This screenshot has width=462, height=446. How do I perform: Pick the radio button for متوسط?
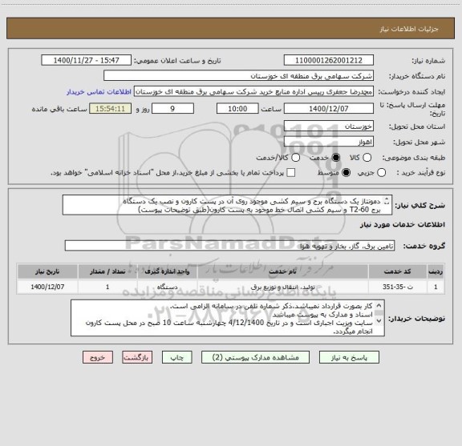(346, 173)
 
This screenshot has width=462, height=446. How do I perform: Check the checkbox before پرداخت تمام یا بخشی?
(291, 173)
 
